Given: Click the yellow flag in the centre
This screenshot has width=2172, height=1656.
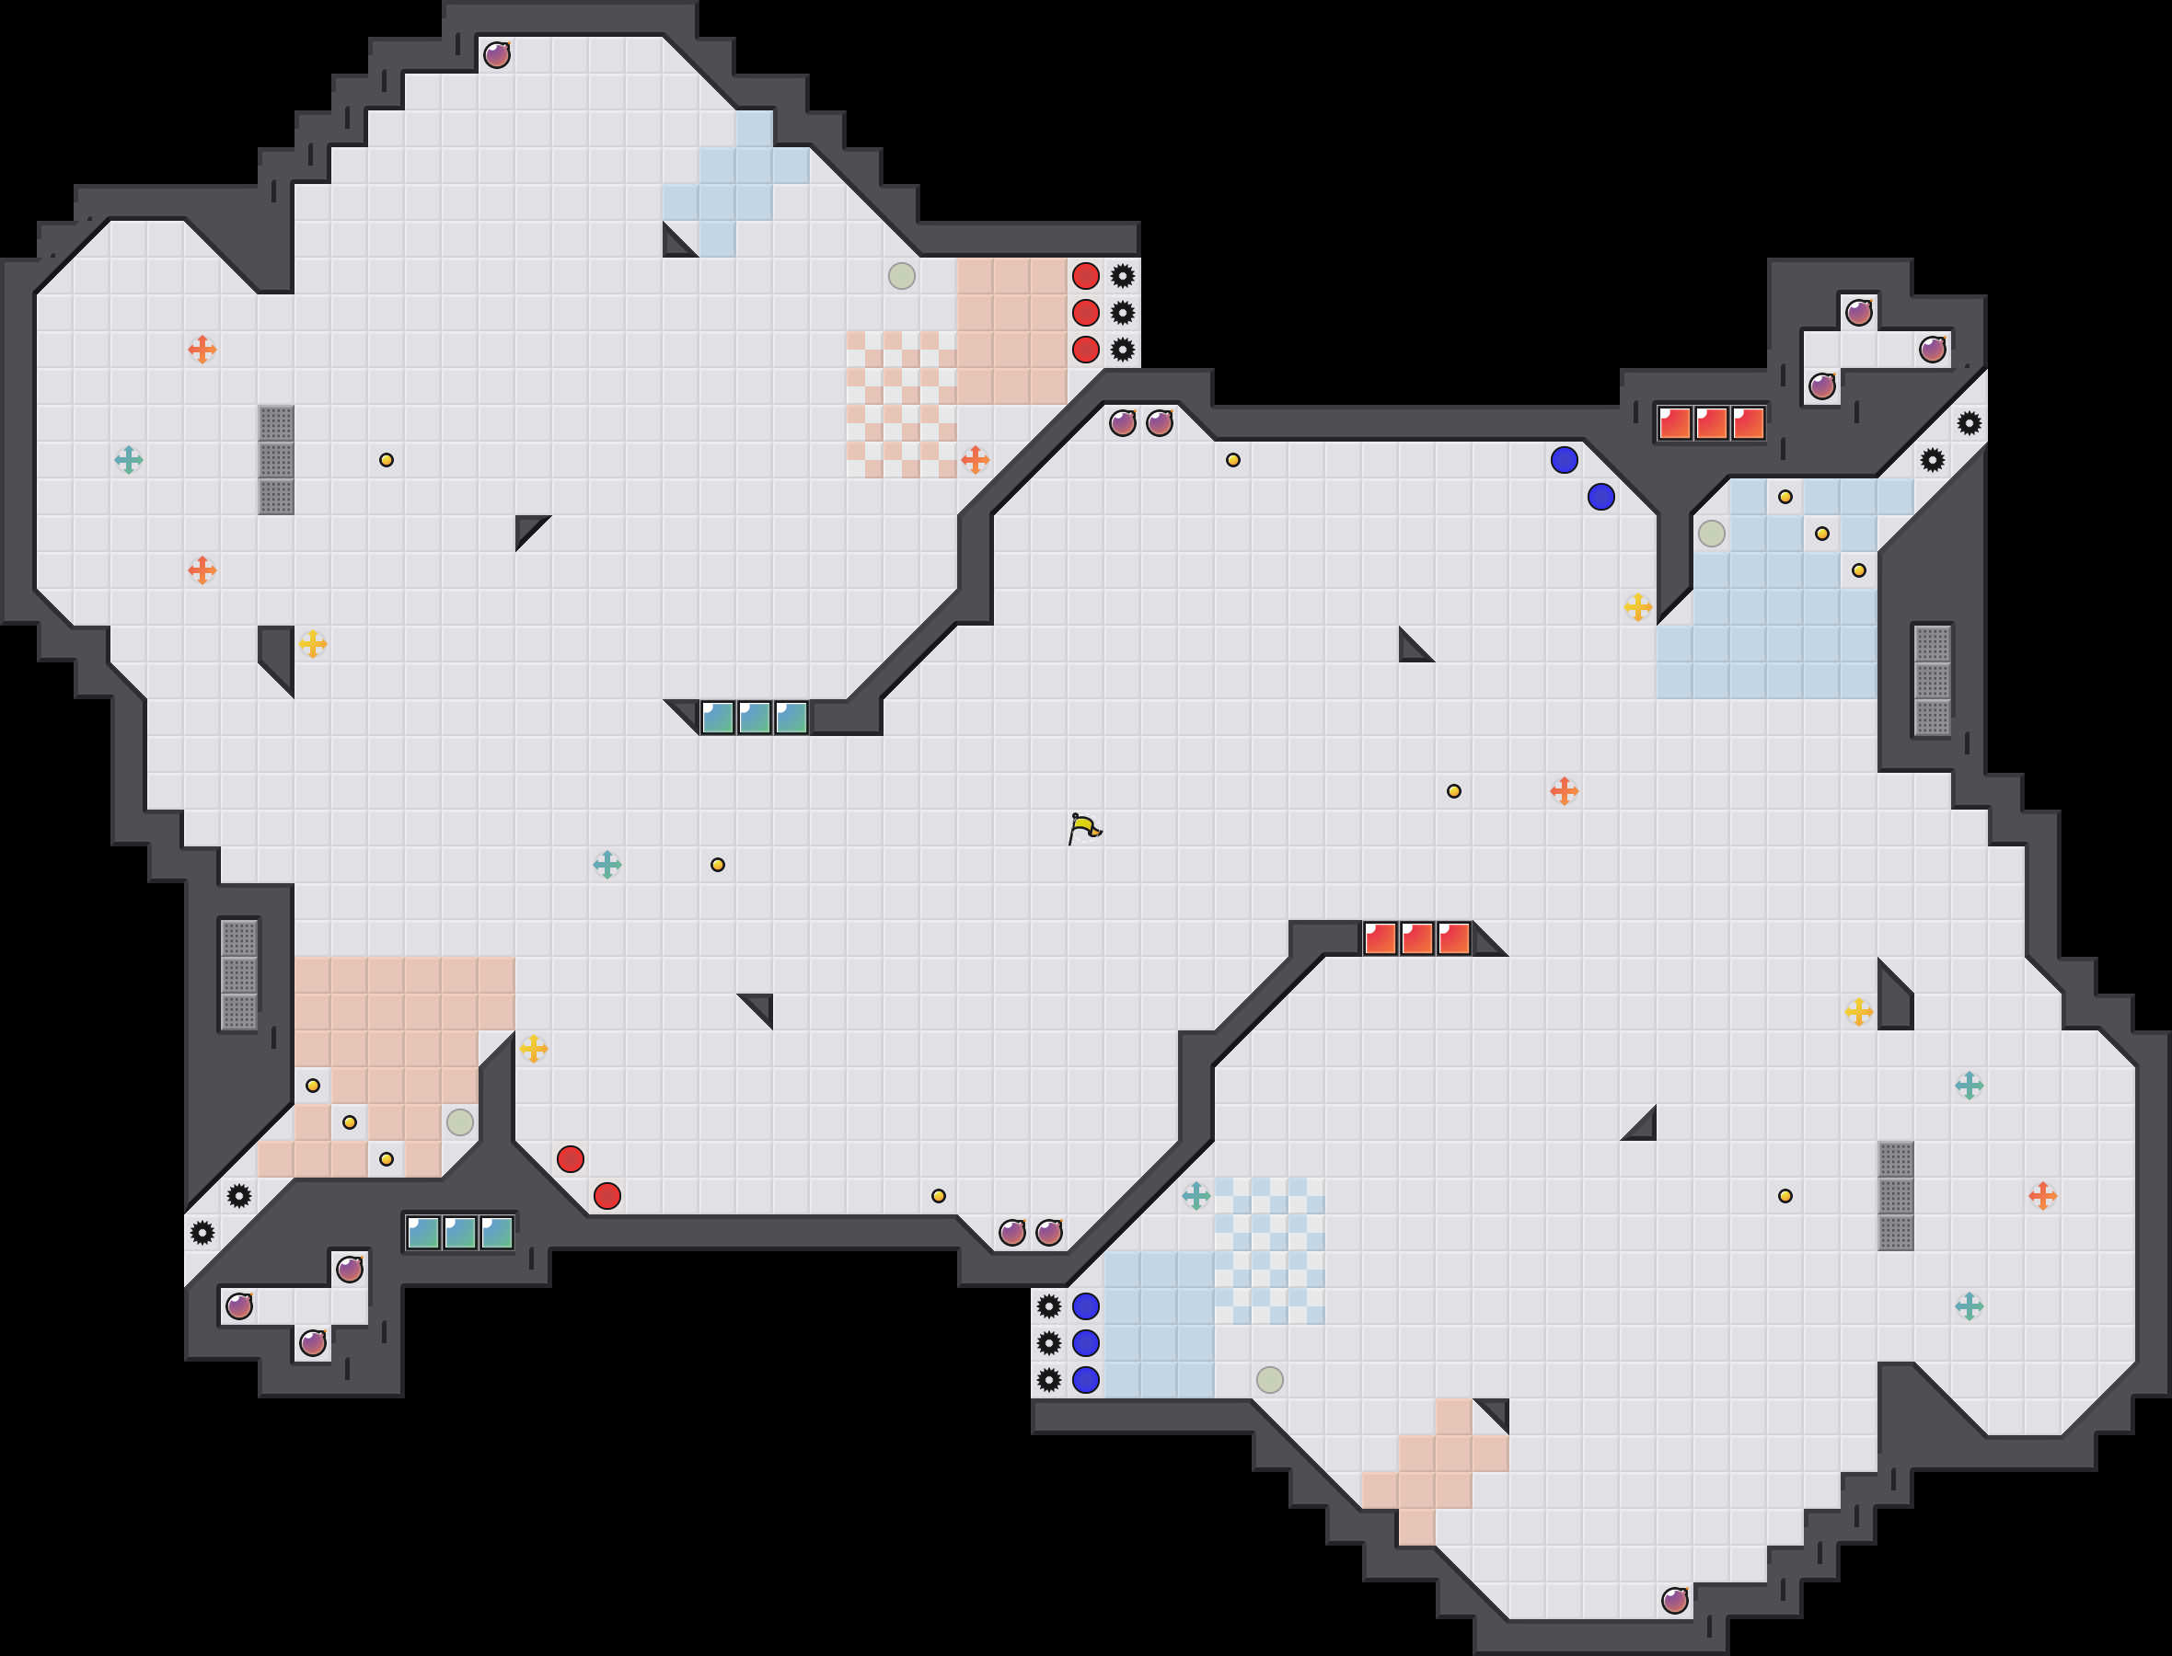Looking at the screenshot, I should pyautogui.click(x=1083, y=828).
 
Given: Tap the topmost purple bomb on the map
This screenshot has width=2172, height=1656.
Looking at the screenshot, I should pyautogui.click(x=497, y=54).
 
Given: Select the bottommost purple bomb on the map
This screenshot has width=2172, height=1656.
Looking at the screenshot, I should pyautogui.click(x=1674, y=1601).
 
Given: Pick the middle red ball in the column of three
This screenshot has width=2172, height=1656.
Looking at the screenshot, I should pyautogui.click(x=1085, y=313).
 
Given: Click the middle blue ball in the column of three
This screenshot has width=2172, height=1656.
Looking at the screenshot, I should pyautogui.click(x=1085, y=1342).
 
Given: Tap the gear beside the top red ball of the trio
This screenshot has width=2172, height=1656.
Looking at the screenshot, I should pyautogui.click(x=1122, y=276).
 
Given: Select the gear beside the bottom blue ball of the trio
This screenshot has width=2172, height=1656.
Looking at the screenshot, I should pyautogui.click(x=1049, y=1379).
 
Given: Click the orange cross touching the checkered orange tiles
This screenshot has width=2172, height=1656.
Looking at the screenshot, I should pyautogui.click(x=975, y=459).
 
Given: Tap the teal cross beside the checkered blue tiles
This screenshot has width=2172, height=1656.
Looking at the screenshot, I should pyautogui.click(x=1196, y=1196).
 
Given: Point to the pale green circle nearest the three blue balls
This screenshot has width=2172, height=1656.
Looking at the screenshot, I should pyautogui.click(x=1270, y=1379).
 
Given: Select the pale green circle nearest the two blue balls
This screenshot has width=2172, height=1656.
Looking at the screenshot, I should pyautogui.click(x=1712, y=534).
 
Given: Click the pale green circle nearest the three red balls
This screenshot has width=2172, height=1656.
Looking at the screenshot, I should pyautogui.click(x=901, y=276).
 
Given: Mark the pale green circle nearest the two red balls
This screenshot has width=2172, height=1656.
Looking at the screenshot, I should pyautogui.click(x=459, y=1121).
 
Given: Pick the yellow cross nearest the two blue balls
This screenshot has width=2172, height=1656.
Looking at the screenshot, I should pyautogui.click(x=1637, y=606).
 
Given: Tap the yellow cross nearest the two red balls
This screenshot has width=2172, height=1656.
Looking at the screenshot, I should pyautogui.click(x=534, y=1048).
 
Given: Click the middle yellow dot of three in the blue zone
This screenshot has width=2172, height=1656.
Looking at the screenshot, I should pyautogui.click(x=1822, y=534).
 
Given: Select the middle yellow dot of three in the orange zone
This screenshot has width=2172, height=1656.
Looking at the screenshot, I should pyautogui.click(x=349, y=1121).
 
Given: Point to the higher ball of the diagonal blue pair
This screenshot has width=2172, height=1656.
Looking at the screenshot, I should pyautogui.click(x=1564, y=459).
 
